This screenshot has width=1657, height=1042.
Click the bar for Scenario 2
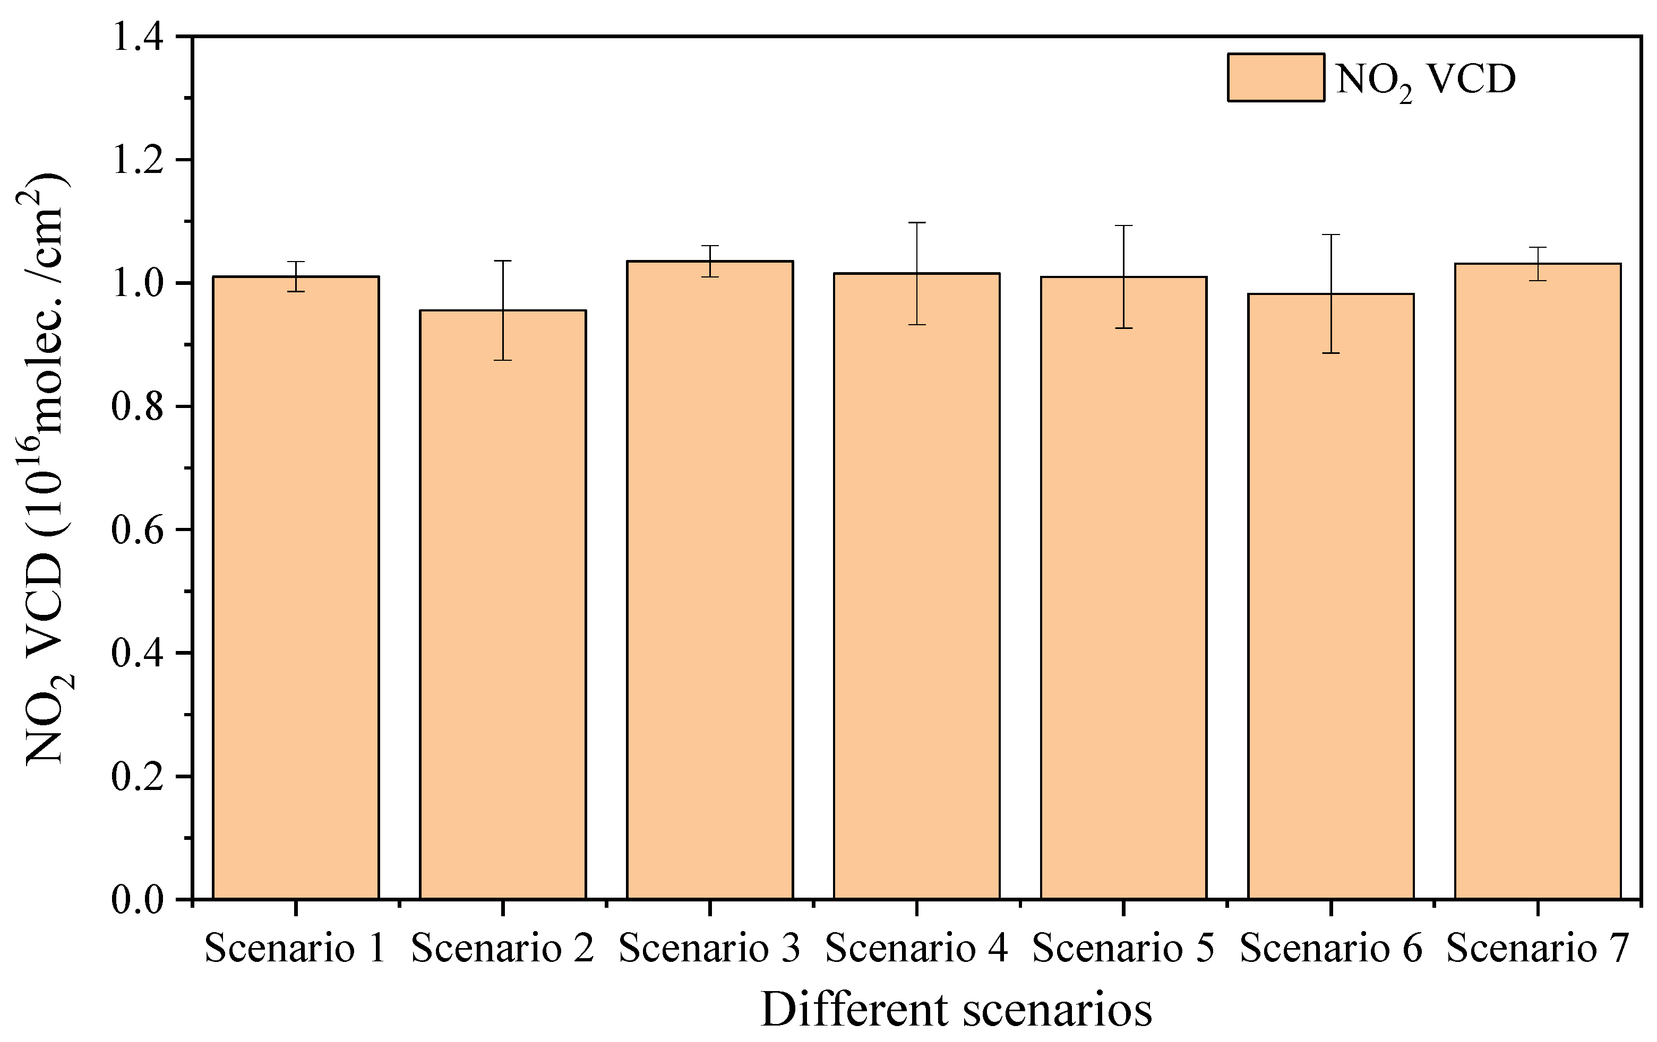tap(503, 605)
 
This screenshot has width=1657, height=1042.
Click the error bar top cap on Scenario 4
tap(916, 223)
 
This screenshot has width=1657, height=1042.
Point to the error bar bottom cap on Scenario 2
tap(503, 360)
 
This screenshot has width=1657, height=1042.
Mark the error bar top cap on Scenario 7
tap(1538, 247)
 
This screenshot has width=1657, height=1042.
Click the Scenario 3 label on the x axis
tap(709, 949)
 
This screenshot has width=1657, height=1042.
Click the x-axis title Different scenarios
tap(957, 1010)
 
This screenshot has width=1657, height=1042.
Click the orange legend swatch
tap(1276, 77)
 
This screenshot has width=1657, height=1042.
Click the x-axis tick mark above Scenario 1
tap(296, 908)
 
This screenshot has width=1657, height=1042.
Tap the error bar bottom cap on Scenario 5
tap(1124, 328)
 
